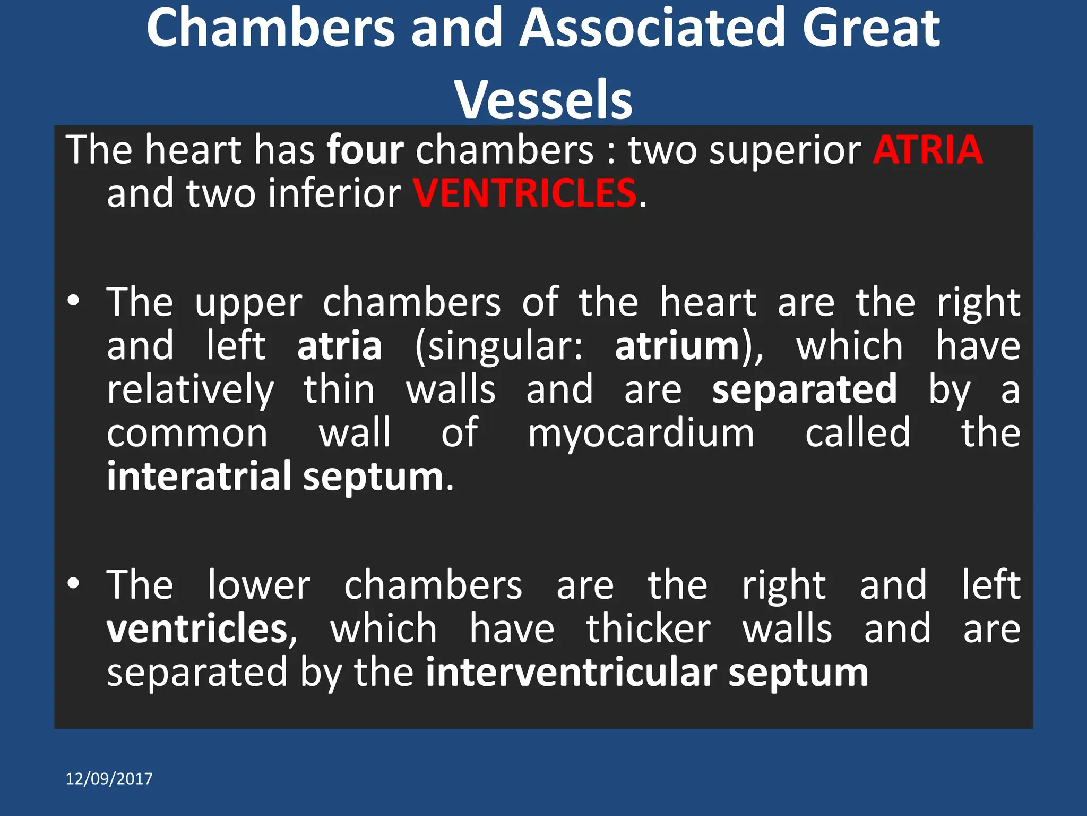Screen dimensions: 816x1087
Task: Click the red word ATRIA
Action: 928,150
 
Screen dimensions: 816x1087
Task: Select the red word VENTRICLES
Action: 524,193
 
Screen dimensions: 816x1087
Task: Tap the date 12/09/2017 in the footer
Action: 109,779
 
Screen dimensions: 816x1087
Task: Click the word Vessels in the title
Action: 543,100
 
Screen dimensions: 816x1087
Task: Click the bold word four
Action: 365,150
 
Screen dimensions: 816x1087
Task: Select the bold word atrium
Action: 677,346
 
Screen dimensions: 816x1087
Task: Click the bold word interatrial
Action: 199,477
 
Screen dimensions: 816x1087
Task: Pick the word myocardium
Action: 641,434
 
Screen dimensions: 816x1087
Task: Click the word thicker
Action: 648,630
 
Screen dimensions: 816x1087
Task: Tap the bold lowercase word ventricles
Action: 197,630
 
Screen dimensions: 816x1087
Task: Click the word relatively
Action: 191,390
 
